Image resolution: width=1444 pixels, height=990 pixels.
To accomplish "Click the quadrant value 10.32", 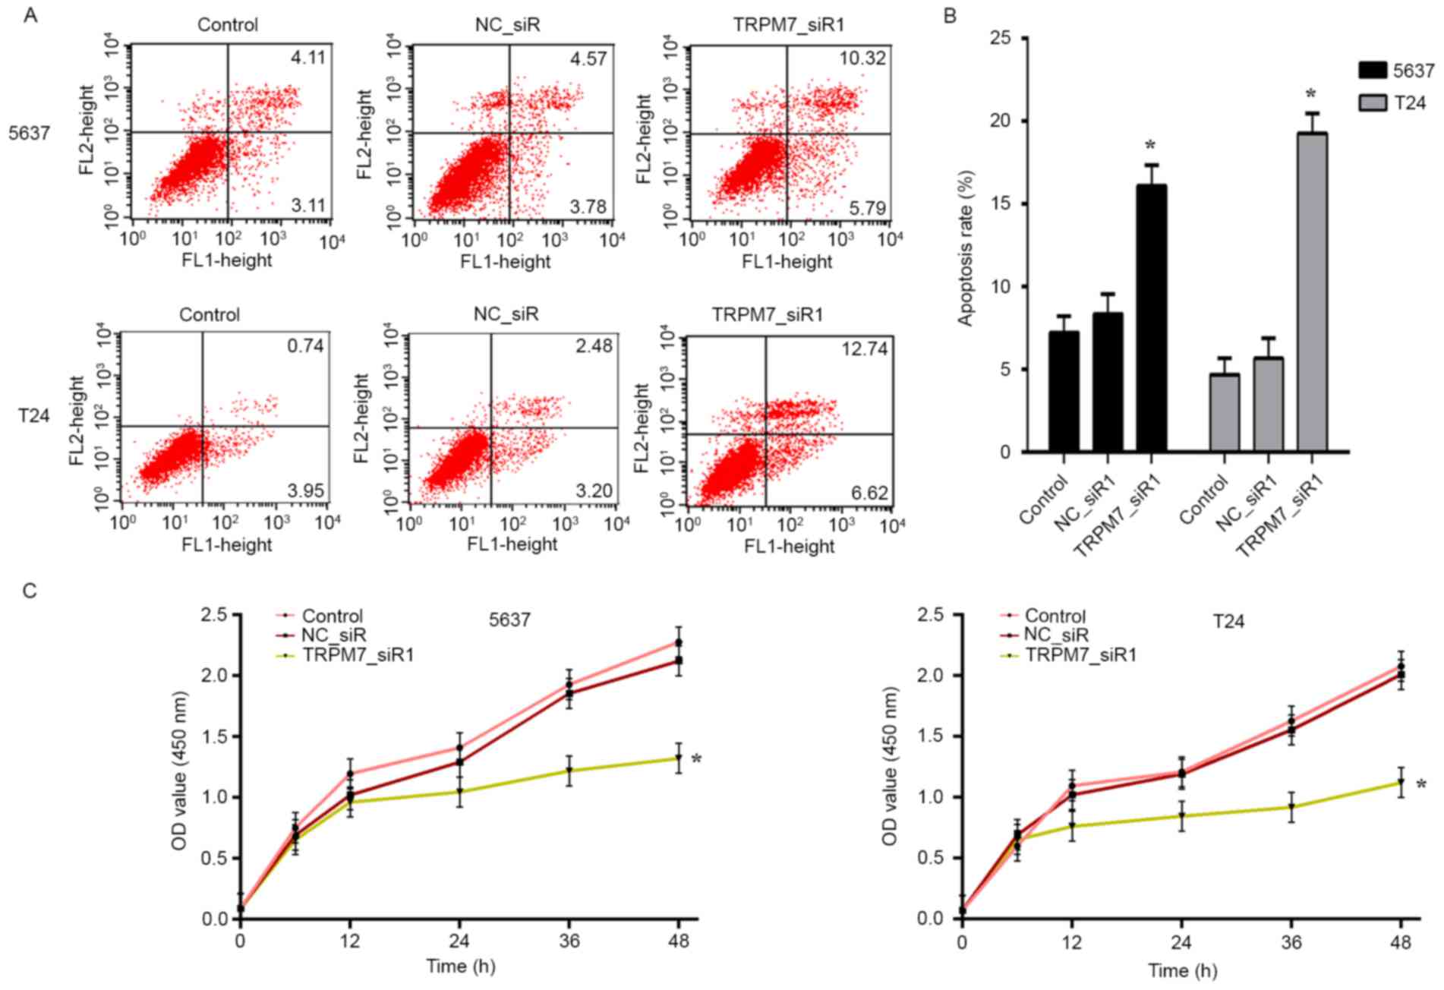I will pos(863,58).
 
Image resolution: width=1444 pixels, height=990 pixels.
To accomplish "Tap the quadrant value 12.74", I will pos(864,348).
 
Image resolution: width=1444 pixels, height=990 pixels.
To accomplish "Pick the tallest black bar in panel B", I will pos(1151,318).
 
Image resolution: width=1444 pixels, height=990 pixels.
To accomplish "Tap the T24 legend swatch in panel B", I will pos(1373,102).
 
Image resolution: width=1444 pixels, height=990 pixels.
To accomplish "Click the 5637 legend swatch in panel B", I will pos(1373,71).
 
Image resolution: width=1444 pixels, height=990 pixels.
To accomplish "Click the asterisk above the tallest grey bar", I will pos(1310,96).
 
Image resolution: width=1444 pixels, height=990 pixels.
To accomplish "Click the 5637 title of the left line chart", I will pos(509,620).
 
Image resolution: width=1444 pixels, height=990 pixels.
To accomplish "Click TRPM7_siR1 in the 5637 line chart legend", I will pos(358,654).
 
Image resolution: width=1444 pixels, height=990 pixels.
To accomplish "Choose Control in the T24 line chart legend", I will pos(1055,616).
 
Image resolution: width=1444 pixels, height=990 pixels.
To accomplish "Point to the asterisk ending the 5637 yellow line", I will pos(696,759).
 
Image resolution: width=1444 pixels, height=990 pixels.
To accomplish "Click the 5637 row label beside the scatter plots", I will pos(29,134).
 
